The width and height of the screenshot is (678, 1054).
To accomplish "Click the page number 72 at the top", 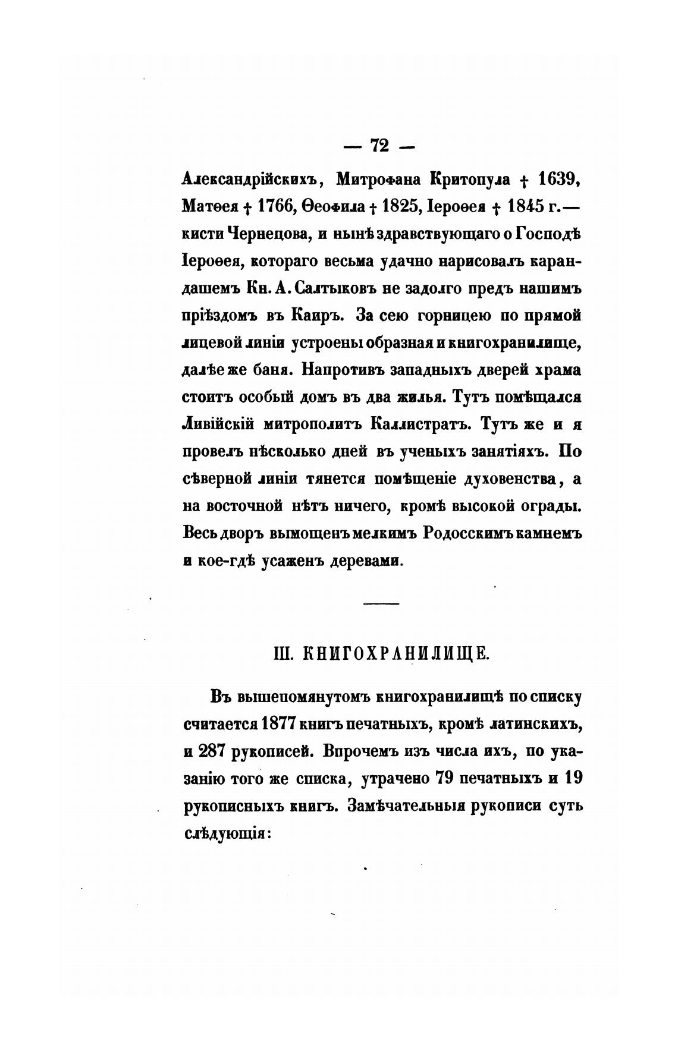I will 379,146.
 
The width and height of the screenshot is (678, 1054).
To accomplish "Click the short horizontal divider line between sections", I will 381,604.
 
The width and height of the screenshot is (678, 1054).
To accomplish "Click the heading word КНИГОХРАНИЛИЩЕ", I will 396,655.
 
